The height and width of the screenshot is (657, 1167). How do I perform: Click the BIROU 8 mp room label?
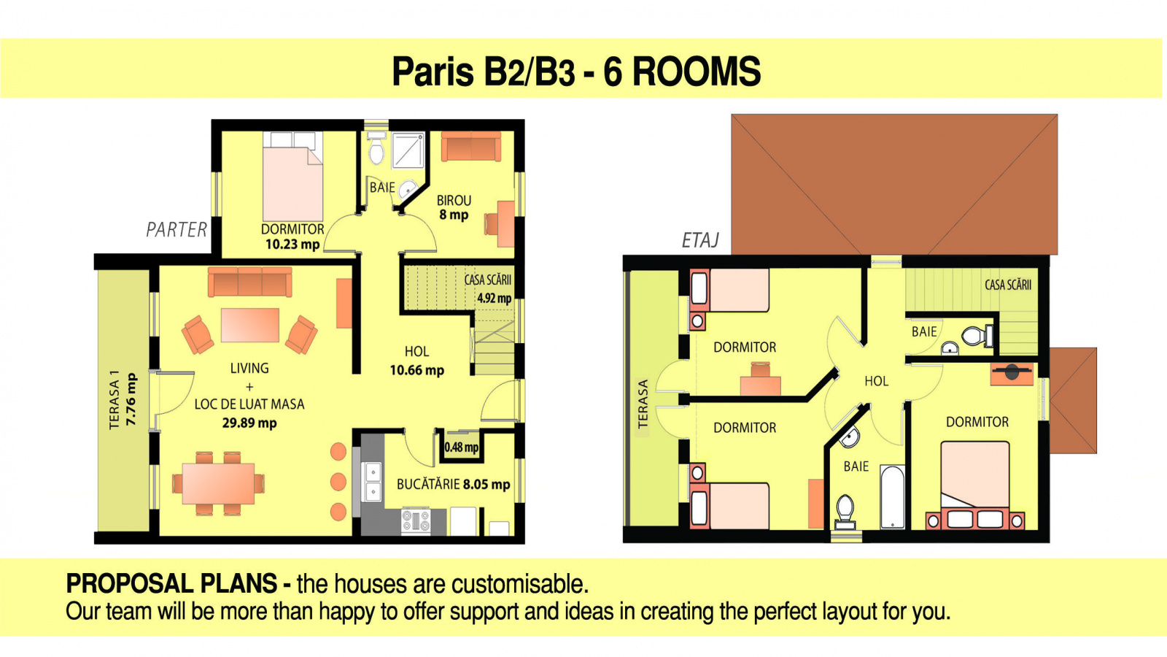454,207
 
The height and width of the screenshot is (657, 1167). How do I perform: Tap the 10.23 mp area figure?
292,244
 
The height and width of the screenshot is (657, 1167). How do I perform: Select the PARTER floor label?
177,229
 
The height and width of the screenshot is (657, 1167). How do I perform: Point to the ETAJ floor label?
700,240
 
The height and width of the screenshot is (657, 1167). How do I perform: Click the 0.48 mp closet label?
462,447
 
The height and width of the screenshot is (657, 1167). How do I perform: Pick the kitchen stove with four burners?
416,521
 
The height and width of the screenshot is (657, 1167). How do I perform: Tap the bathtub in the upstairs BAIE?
893,497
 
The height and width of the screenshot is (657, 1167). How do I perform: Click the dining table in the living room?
218,483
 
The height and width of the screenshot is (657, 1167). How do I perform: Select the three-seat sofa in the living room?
249,282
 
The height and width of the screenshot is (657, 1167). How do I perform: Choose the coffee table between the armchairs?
250,325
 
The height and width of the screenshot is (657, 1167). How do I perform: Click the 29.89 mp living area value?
249,423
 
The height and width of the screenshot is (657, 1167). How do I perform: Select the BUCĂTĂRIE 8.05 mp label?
453,485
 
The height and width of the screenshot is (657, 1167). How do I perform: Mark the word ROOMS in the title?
697,72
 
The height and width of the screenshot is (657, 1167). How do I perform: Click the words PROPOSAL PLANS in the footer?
171,583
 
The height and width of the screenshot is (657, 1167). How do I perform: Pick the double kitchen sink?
373,482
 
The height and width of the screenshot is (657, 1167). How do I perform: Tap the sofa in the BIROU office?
471,146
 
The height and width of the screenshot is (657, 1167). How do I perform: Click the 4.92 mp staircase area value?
495,299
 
